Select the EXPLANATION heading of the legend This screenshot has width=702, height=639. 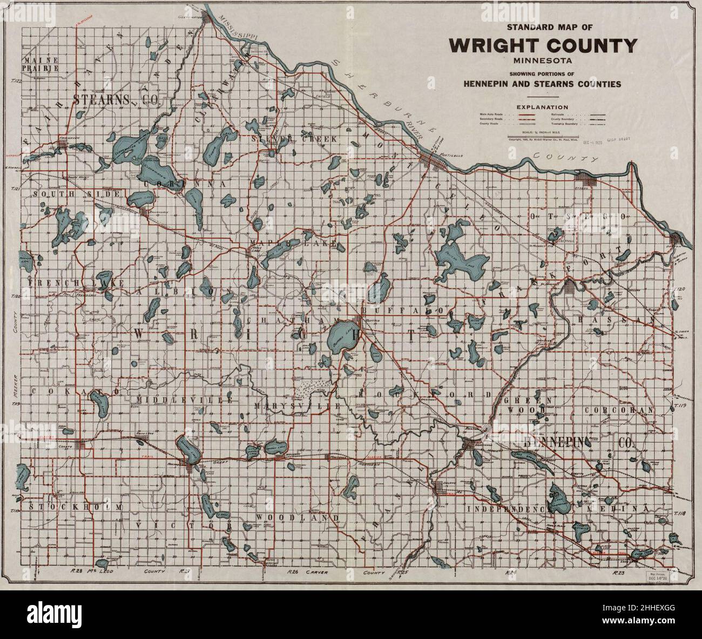click(x=543, y=107)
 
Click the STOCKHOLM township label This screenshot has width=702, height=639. click(x=75, y=507)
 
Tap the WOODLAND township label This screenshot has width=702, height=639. click(x=297, y=517)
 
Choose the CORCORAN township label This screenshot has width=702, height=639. click(x=619, y=411)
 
